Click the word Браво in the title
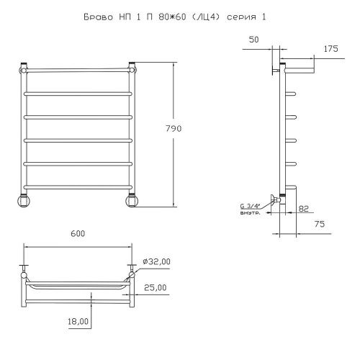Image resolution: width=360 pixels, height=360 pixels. click(x=99, y=17)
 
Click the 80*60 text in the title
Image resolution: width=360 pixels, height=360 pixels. click(x=172, y=17)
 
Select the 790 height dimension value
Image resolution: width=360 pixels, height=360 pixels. click(x=174, y=129)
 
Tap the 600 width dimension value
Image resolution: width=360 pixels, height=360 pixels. click(x=78, y=233)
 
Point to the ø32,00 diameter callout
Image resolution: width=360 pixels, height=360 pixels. click(x=156, y=261)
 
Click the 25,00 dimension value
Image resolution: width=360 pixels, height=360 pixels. click(x=156, y=287)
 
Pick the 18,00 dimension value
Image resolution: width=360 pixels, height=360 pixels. click(x=78, y=321)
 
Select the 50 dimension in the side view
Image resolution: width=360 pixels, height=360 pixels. click(x=253, y=40)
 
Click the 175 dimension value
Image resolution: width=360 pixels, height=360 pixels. click(x=330, y=49)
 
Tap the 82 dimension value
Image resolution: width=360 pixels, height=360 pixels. click(x=304, y=209)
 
